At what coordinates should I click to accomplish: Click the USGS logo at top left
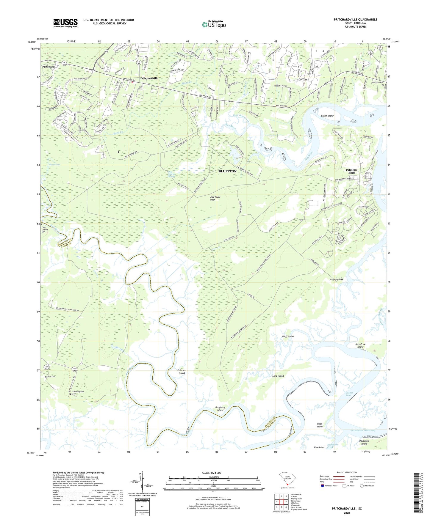click(x=65, y=23)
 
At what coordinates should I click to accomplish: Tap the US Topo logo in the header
click(x=213, y=24)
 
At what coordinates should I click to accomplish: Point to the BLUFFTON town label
click(x=227, y=171)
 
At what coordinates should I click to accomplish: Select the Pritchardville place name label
click(x=149, y=78)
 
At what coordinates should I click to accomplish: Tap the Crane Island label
click(x=327, y=116)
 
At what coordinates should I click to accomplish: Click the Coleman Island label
click(x=182, y=372)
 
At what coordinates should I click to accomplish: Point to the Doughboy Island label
click(x=220, y=409)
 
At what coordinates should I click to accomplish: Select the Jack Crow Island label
click(x=360, y=346)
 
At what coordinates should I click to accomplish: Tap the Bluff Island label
click(x=288, y=336)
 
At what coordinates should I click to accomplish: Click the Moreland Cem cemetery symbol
click(x=342, y=279)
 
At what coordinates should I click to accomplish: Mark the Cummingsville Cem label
click(x=78, y=393)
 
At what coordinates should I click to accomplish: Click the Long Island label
click(x=278, y=376)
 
